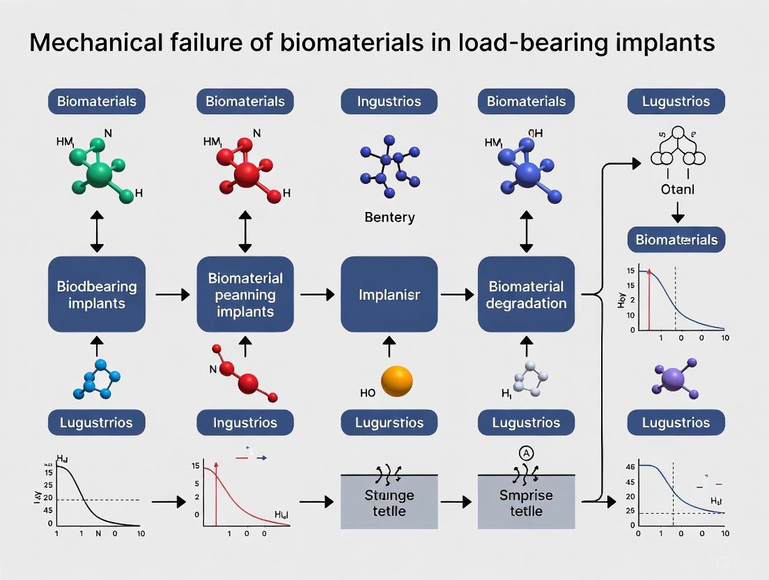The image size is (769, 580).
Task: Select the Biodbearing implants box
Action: coord(97,294)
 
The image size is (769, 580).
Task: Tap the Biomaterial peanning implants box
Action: coord(245,294)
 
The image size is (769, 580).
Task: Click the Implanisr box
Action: coord(389,294)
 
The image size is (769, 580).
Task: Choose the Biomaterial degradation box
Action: coord(527,294)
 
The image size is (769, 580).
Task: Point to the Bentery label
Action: coord(389,217)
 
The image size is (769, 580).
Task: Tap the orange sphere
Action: coord(398,381)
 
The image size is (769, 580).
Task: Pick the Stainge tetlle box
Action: coord(389,502)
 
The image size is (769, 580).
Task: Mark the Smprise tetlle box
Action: coord(527,502)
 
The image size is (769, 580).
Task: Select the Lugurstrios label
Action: coord(389,422)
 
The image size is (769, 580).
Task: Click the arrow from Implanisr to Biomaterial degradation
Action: coord(457,295)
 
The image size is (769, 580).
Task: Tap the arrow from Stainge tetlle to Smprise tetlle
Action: coord(457,501)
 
